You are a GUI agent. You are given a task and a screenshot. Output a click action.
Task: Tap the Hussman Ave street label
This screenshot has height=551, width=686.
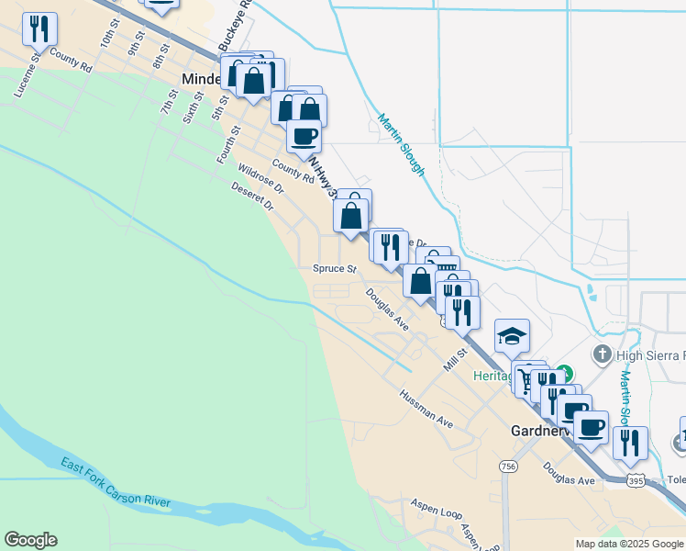click(x=426, y=409)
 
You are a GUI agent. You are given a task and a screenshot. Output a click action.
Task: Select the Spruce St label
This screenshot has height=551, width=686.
click(x=334, y=269)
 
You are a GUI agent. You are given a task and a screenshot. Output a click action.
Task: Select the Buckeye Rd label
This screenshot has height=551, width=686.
click(x=233, y=28)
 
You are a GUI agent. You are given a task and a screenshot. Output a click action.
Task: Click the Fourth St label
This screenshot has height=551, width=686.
click(x=228, y=140)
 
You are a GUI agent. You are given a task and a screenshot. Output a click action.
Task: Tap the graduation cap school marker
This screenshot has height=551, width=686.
click(x=512, y=335)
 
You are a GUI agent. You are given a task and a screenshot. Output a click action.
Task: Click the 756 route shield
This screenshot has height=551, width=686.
click(x=508, y=467)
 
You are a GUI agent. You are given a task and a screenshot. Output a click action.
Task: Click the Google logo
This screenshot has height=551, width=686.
click(x=30, y=540)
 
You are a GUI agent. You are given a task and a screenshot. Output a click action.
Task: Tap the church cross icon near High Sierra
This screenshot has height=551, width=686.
click(x=602, y=354)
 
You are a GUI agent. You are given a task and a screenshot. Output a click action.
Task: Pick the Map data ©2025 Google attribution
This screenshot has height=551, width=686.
click(x=629, y=544)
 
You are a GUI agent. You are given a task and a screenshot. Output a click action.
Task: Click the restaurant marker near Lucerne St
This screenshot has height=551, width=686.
click(x=39, y=29)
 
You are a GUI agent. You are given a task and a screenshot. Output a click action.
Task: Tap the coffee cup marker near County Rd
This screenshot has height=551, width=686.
click(x=304, y=135)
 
